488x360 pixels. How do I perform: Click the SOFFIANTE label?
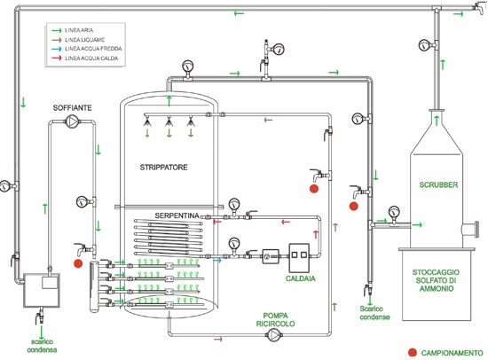[x=72, y=108]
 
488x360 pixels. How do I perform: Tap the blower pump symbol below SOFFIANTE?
[x=72, y=121]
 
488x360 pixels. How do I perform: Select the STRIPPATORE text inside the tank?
[x=164, y=168]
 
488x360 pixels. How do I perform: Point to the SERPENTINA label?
[x=177, y=215]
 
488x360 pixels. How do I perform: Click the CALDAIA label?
[x=300, y=278]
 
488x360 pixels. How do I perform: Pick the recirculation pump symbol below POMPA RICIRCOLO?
[x=273, y=335]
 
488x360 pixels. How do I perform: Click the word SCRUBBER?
[x=438, y=184]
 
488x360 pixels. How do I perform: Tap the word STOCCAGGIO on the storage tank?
[x=436, y=272]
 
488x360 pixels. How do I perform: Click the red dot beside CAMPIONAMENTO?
[x=413, y=353]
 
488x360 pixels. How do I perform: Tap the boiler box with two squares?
[x=299, y=258]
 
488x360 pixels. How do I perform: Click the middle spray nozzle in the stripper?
[x=169, y=121]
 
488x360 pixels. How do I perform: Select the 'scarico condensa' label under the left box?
[x=42, y=346]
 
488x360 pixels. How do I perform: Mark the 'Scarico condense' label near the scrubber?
[x=374, y=313]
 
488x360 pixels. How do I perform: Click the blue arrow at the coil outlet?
[x=217, y=260]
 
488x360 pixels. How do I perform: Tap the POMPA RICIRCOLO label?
[x=275, y=320]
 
